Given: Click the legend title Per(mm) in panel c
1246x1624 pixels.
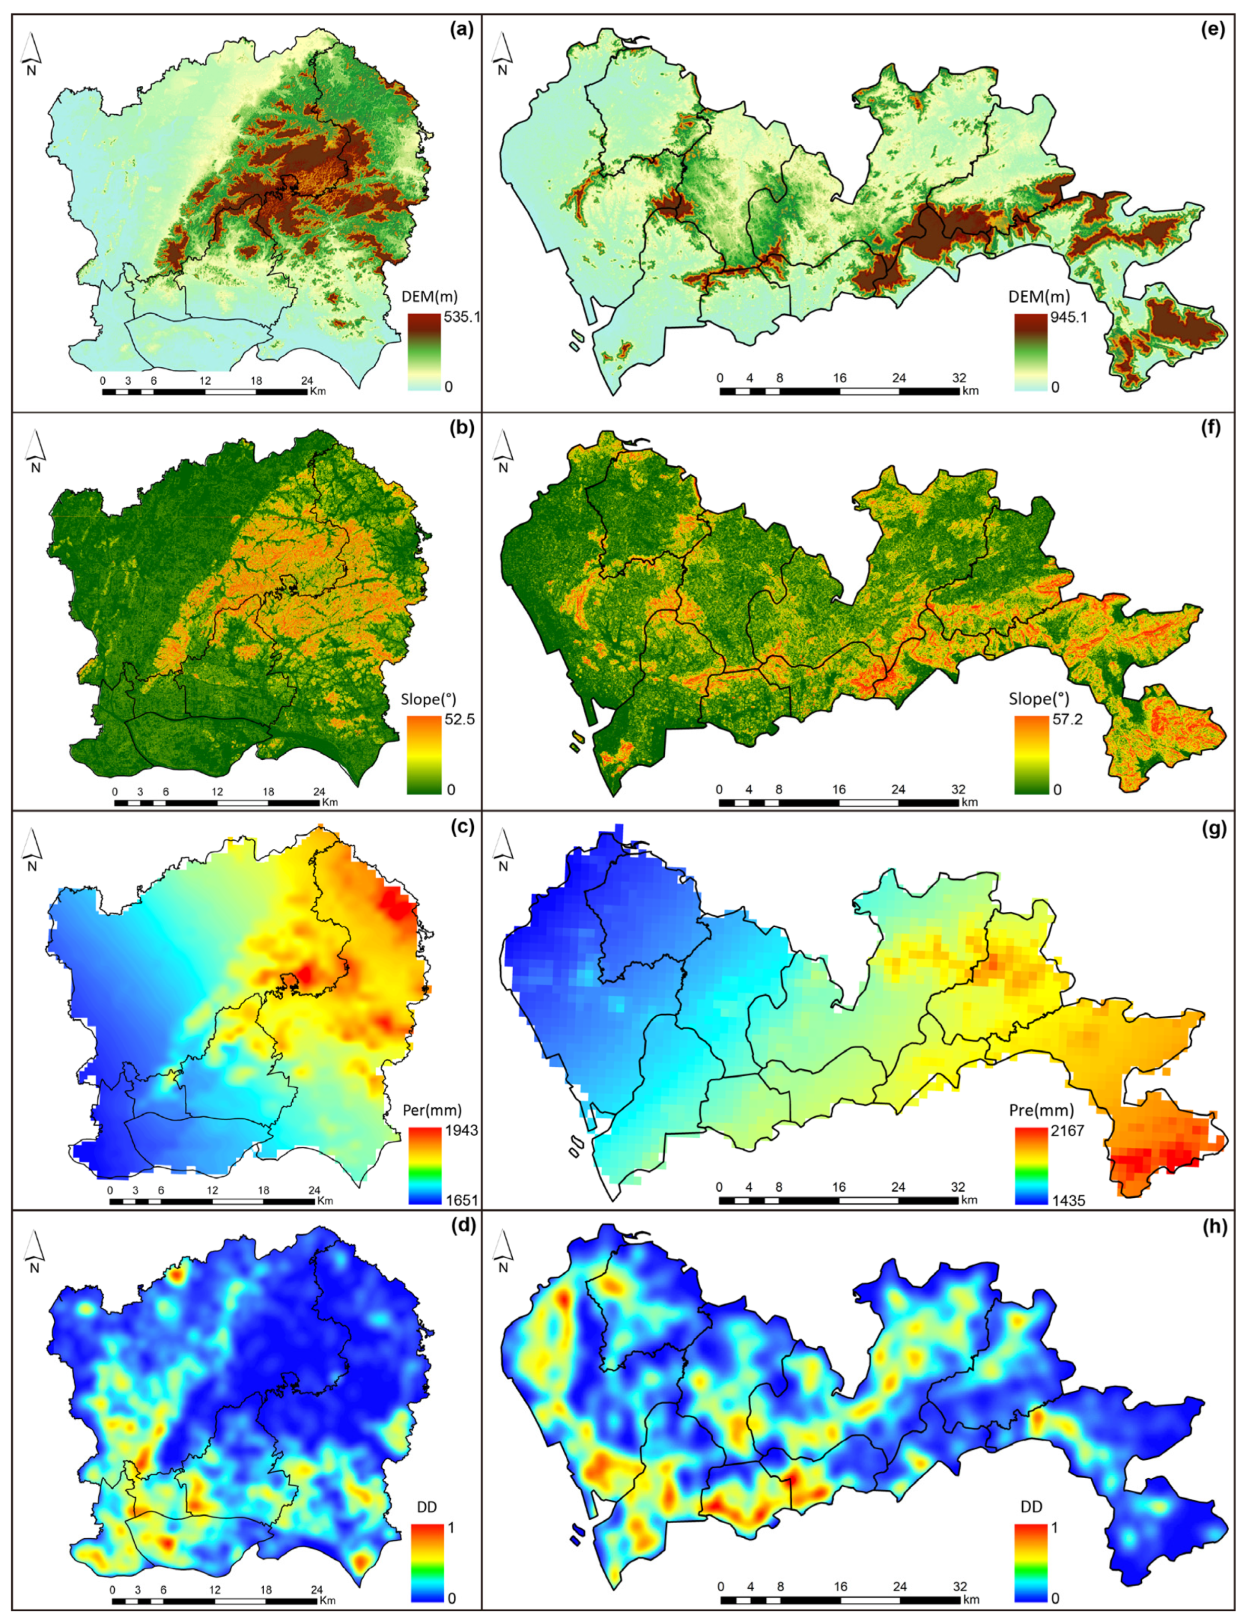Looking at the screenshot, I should (435, 1110).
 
